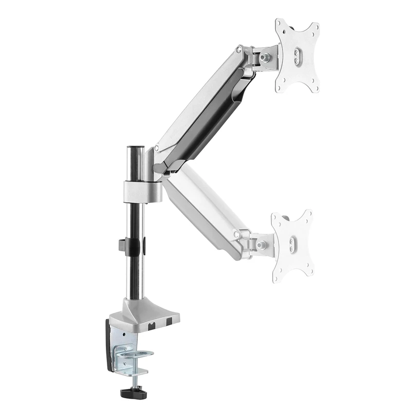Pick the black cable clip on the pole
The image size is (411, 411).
135,245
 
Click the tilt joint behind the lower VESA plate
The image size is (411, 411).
257,241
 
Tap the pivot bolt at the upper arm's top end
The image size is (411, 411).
239,50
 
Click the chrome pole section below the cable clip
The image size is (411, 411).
135,277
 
